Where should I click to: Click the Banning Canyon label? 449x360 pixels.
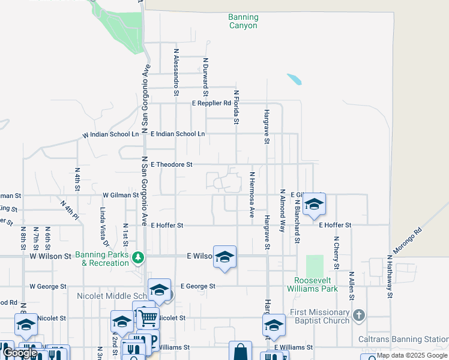tap(243, 22)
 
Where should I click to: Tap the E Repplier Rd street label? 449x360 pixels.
tap(211, 103)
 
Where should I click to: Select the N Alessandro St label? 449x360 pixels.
tap(176, 72)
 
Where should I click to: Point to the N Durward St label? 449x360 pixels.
tap(205, 77)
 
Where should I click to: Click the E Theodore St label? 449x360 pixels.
tap(172, 164)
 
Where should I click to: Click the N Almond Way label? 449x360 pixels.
tap(282, 211)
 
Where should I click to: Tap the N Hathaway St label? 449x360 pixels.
tap(390, 276)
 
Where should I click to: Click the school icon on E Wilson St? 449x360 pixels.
tap(224, 257)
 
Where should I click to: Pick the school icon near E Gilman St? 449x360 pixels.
tap(314, 204)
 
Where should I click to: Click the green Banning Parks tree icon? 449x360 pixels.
tap(139, 257)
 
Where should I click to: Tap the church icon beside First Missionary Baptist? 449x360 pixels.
tap(358, 316)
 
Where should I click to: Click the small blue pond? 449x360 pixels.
tap(294, 79)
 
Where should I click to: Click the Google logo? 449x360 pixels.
tap(20, 353)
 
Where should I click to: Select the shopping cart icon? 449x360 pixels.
tap(148, 317)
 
